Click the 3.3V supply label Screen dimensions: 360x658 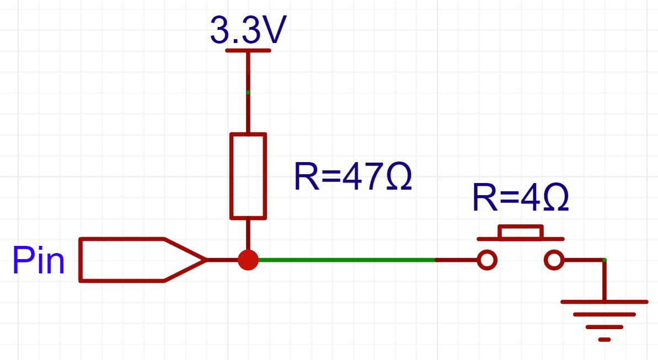pyautogui.click(x=248, y=31)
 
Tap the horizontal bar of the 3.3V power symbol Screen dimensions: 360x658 pyautogui.click(x=248, y=50)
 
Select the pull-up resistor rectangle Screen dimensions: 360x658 pyautogui.click(x=248, y=176)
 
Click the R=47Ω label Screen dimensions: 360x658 pyautogui.click(x=353, y=178)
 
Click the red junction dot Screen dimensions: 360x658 pyautogui.click(x=248, y=260)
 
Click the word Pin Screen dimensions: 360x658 pyautogui.click(x=39, y=261)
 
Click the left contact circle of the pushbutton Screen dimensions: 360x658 pyautogui.click(x=487, y=260)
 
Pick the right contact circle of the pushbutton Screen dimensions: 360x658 pyautogui.click(x=554, y=260)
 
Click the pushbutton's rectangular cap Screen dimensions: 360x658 pyautogui.click(x=521, y=232)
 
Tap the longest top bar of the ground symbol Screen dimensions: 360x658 pyautogui.click(x=604, y=302)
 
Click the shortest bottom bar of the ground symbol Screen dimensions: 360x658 pyautogui.click(x=604, y=339)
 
